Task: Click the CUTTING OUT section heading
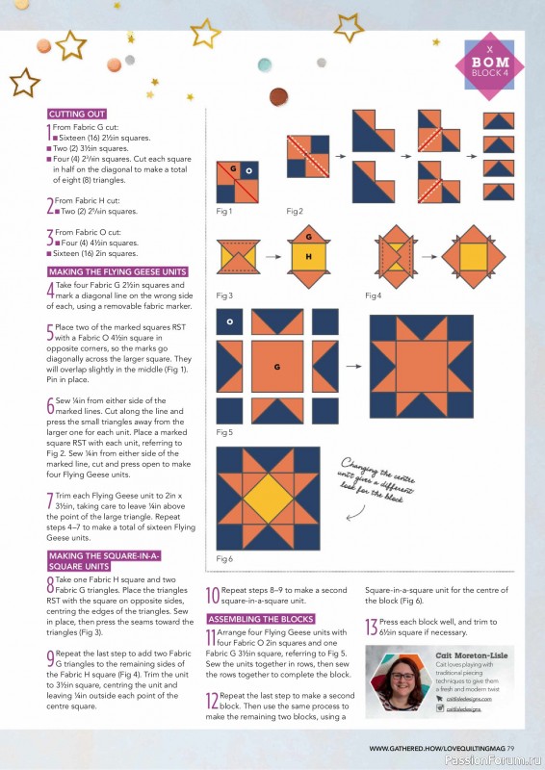point(77,114)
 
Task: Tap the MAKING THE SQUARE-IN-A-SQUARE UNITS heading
point(103,561)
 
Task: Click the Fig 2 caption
point(295,211)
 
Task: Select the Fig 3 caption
point(224,295)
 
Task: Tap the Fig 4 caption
point(372,295)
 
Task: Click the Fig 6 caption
point(224,559)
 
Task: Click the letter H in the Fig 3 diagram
point(308,258)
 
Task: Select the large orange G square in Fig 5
point(277,368)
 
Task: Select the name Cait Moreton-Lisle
point(472,654)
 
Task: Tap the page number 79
point(511,748)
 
